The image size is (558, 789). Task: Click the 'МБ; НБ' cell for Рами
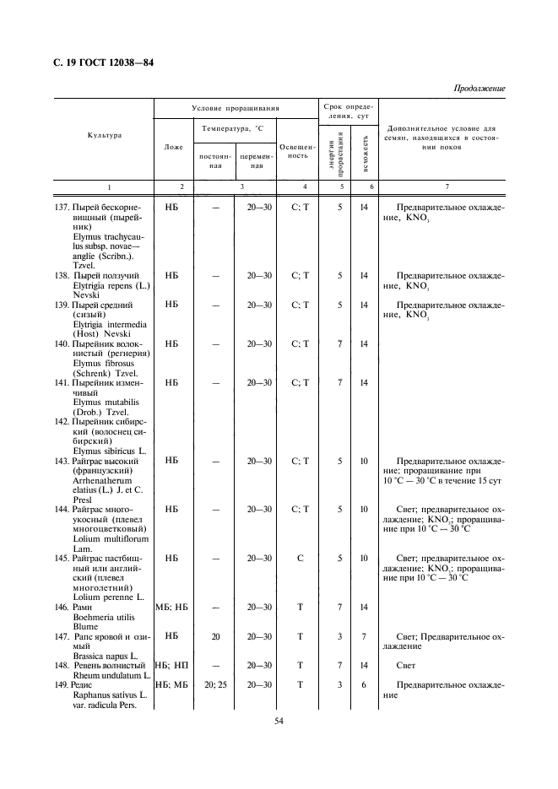coord(172,607)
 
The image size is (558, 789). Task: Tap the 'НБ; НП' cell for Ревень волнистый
coord(172,665)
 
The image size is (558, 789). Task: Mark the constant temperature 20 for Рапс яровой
coord(216,635)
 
